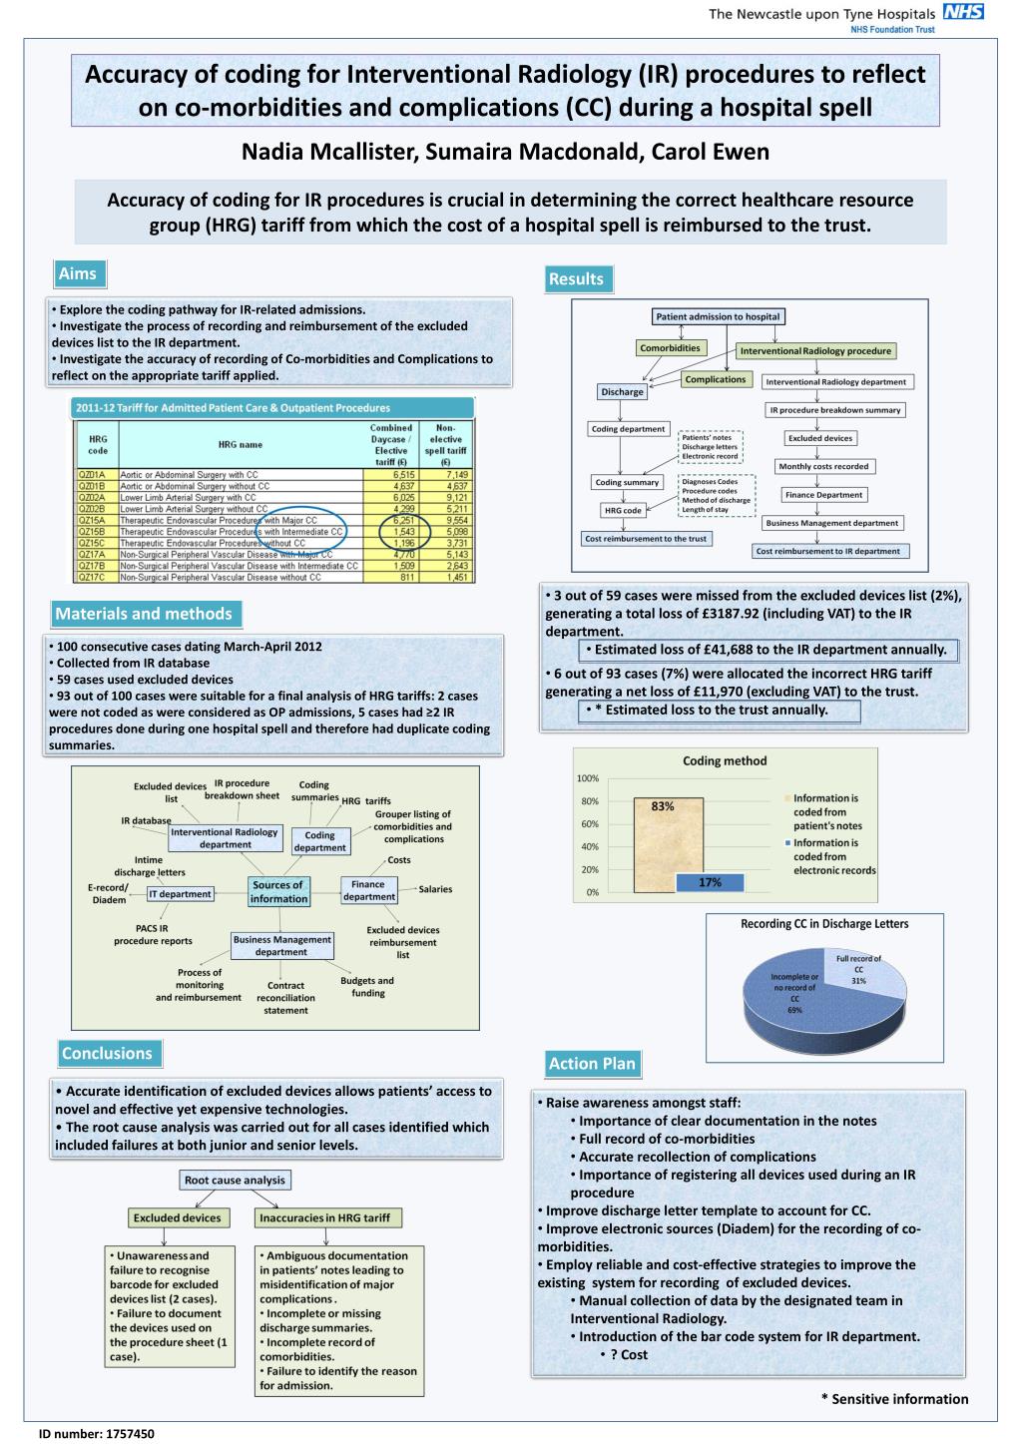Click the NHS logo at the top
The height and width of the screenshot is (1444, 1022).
click(x=963, y=12)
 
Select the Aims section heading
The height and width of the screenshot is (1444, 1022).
click(x=77, y=273)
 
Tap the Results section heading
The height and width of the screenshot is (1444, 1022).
click(x=576, y=279)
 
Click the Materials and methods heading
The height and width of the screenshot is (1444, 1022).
click(x=143, y=614)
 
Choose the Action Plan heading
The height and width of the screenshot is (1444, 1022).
click(x=592, y=1064)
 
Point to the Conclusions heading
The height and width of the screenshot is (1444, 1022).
click(x=107, y=1054)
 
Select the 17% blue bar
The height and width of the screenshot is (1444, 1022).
click(x=710, y=882)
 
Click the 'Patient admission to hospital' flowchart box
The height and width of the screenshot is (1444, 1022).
click(x=718, y=316)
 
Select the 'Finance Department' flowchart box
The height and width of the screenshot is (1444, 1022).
click(x=823, y=495)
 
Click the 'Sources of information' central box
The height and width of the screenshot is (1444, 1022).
click(x=278, y=892)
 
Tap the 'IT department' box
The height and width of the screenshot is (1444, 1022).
click(x=180, y=894)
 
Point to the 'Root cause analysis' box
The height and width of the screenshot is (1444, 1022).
click(x=235, y=1180)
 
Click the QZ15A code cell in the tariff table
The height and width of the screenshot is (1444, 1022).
click(x=92, y=520)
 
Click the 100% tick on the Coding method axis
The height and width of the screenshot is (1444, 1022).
click(x=588, y=778)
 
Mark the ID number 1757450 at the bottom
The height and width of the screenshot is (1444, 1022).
click(x=96, y=1434)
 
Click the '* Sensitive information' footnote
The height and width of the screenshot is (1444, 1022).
click(x=894, y=1399)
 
